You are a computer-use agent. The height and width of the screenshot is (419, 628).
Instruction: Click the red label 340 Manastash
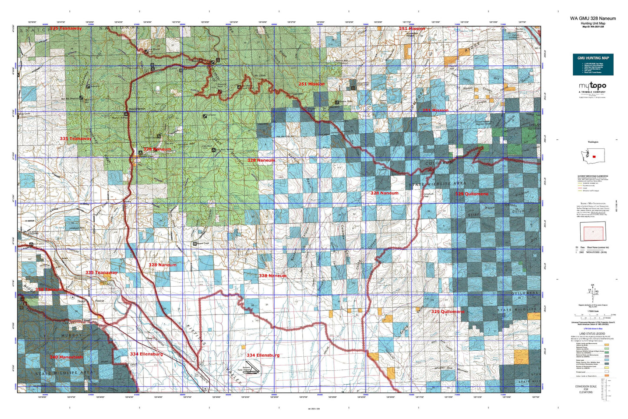click(66, 357)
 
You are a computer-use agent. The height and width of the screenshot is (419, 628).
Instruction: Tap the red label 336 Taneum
click(49, 289)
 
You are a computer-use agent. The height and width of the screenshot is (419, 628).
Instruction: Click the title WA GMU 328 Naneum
click(593, 18)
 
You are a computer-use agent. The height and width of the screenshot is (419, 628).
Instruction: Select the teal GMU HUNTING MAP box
click(593, 64)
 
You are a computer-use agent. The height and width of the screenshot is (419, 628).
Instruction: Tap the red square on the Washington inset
click(594, 156)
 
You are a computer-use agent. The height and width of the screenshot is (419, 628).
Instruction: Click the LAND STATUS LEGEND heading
click(593, 333)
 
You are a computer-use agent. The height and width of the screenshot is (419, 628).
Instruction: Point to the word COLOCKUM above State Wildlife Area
click(439, 163)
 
